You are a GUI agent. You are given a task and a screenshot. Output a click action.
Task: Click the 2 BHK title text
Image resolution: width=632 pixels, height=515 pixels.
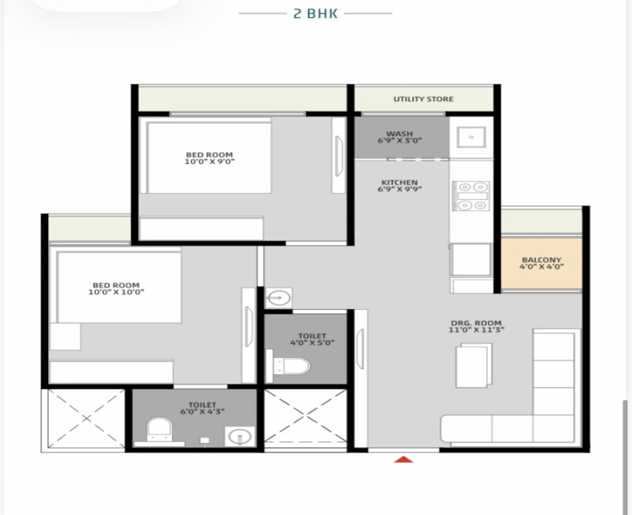point(315,14)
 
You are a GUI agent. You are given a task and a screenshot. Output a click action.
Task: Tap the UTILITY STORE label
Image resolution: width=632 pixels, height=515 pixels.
point(423,100)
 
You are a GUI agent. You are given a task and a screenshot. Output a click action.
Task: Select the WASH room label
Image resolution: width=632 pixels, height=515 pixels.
point(399,134)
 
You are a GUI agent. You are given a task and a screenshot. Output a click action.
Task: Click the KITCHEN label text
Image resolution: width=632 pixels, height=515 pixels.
point(399,183)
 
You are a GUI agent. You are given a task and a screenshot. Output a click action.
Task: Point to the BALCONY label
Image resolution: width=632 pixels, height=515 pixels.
point(541,260)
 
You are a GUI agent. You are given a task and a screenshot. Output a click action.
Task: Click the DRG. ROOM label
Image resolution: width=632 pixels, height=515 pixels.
point(476,324)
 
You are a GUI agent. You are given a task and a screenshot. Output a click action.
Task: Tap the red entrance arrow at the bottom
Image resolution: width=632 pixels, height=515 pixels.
point(404,461)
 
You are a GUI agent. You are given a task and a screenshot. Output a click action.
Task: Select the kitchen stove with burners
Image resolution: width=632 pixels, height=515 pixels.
point(471,196)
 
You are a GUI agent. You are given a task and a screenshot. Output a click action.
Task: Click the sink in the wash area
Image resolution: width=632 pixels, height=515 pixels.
point(471,137)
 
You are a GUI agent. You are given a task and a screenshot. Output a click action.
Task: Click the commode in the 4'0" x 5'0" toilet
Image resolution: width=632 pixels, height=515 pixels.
point(290,367)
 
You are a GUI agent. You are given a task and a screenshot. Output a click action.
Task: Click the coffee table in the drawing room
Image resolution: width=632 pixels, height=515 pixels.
point(474,366)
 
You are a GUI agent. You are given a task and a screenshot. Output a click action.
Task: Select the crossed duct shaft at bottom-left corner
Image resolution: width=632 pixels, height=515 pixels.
point(86,419)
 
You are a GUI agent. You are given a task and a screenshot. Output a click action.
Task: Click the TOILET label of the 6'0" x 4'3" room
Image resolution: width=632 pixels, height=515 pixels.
point(202,404)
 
